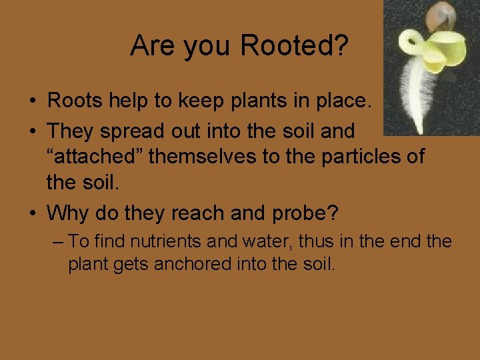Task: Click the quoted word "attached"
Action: tap(94, 157)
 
